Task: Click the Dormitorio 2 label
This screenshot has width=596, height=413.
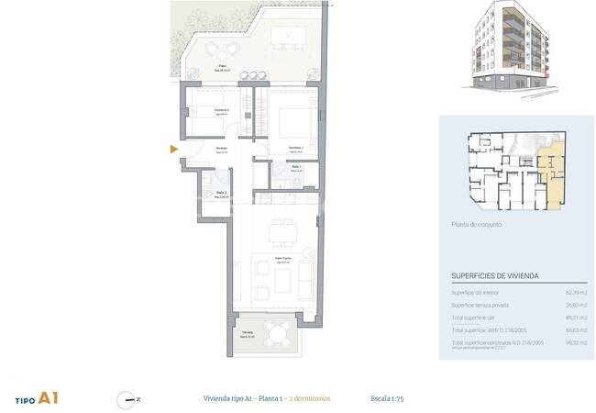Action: click(x=221, y=110)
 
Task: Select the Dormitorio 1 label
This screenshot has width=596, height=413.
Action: click(x=295, y=148)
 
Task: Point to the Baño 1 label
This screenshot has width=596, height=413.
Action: click(x=297, y=168)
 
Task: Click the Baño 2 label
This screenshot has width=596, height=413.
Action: click(x=221, y=194)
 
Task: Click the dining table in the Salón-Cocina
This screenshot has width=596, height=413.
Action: click(x=282, y=232)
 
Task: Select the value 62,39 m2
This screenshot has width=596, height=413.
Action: click(x=577, y=293)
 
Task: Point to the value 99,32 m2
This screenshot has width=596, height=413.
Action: click(x=577, y=342)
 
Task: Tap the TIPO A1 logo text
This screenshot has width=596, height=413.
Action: click(x=38, y=399)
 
